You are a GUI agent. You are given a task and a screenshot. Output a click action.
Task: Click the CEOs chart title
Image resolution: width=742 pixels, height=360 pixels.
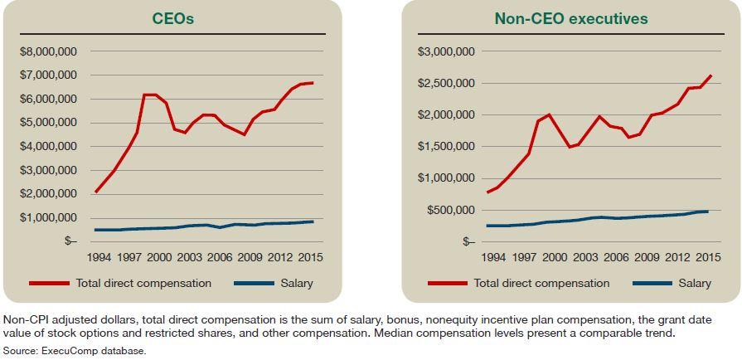[x=173, y=18]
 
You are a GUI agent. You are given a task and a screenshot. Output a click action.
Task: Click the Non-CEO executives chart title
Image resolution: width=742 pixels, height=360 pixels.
[x=570, y=18]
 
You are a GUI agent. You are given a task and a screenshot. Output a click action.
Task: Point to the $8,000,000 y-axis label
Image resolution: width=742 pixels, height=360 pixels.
[x=49, y=51]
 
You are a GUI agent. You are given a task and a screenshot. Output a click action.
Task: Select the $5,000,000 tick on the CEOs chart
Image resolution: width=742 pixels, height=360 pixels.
[x=49, y=123]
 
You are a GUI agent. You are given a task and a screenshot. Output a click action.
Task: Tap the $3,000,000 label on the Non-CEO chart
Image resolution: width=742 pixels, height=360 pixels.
[x=446, y=51]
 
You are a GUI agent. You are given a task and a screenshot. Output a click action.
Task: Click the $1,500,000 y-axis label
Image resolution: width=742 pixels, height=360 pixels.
[x=446, y=147]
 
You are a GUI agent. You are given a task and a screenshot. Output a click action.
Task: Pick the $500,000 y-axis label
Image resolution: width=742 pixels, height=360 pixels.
[x=451, y=210]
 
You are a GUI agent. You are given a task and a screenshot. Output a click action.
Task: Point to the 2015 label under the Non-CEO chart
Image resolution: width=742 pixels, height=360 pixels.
[x=710, y=258]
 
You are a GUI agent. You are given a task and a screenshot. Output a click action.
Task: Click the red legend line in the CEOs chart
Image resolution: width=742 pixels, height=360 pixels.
[x=50, y=284]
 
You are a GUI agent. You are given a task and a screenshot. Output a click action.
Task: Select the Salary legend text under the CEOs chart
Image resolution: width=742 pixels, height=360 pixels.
[x=296, y=284]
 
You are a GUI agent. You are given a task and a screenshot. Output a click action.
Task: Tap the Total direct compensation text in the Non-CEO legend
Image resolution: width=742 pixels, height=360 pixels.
[x=541, y=284]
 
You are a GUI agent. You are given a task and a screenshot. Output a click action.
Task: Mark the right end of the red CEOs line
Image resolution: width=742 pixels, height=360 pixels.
[x=313, y=83]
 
